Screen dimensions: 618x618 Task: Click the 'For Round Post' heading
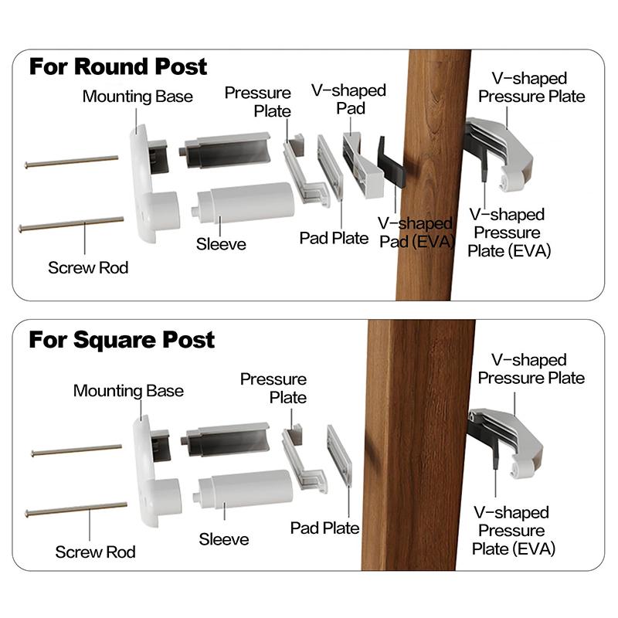[118, 66]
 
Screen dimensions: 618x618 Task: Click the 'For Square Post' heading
[122, 340]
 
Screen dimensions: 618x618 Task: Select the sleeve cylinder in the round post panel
[245, 202]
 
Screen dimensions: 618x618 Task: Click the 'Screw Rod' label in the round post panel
[88, 268]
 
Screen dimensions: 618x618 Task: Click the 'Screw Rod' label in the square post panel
[95, 552]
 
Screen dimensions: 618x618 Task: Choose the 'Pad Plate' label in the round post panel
[334, 238]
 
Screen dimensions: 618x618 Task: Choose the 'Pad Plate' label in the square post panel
[324, 528]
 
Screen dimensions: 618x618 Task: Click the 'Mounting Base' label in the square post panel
[128, 391]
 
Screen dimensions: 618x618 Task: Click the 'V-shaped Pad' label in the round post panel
[348, 99]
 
